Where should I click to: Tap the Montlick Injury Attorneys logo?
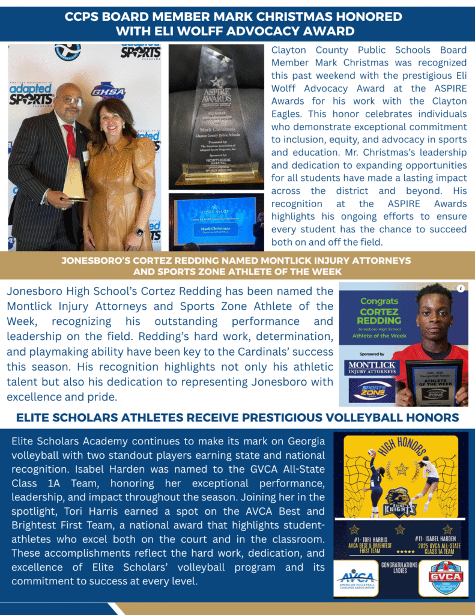point(372,368)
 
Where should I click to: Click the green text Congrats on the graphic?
point(379,301)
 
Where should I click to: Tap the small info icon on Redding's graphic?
point(461,288)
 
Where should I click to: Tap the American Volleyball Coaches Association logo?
point(356,580)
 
